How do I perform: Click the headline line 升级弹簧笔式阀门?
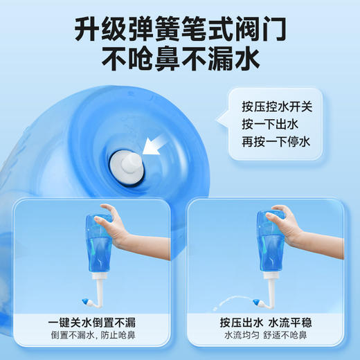click(x=180, y=30)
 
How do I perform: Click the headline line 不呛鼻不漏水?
click(x=180, y=61)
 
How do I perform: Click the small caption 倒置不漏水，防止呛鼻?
click(x=93, y=337)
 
